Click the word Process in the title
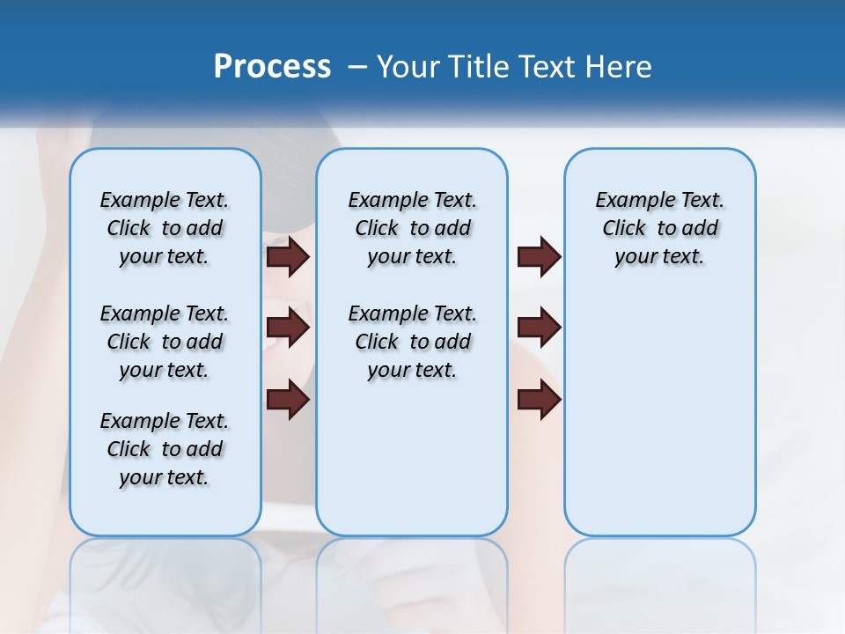(272, 67)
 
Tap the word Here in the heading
(620, 67)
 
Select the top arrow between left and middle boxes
(288, 256)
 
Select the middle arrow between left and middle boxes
(288, 328)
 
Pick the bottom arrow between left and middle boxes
(288, 400)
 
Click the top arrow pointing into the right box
(539, 256)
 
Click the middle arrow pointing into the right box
(539, 328)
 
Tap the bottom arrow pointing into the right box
(539, 400)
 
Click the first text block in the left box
(165, 228)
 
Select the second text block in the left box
(165, 342)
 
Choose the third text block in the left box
(165, 449)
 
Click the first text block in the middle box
(412, 228)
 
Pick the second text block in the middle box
(412, 342)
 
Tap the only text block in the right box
(659, 228)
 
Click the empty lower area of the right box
(659, 423)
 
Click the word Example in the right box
(627, 200)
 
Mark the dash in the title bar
(357, 67)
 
